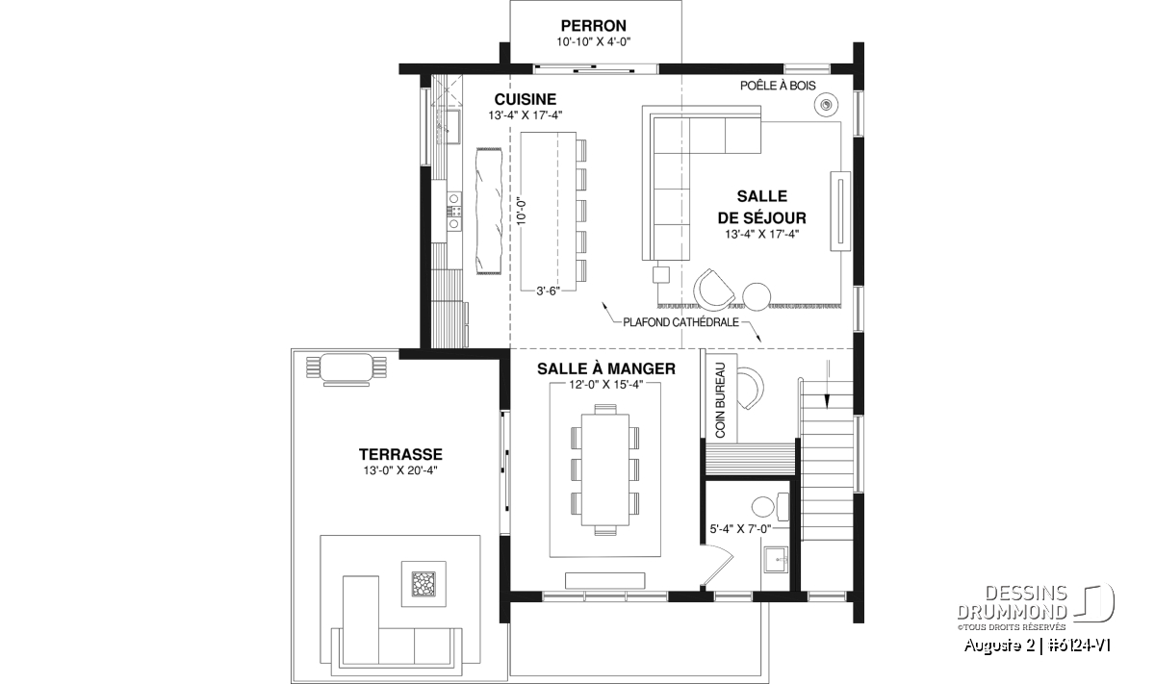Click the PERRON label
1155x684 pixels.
594,26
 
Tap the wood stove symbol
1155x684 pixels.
826,105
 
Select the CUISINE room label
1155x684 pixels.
526,99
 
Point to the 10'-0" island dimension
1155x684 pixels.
523,213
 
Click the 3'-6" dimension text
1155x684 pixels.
548,291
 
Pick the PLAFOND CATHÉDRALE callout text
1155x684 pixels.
681,322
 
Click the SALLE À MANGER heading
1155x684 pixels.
606,369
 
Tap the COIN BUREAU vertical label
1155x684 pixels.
720,400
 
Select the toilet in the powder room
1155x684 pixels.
770,506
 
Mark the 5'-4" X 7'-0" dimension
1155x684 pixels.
740,529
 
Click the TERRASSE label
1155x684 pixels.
400,455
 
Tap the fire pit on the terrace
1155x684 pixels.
423,584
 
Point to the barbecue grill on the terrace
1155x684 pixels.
346,369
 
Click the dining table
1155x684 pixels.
605,469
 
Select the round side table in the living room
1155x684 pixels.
757,296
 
